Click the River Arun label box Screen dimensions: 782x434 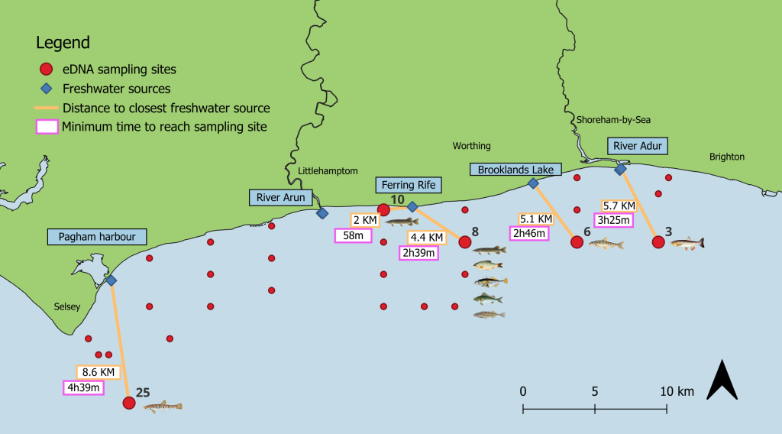[x=281, y=198]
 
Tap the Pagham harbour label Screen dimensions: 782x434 [x=97, y=237]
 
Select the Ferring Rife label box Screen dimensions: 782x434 [x=409, y=185]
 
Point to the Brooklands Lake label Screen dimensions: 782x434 [x=515, y=170]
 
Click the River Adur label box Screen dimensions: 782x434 [x=638, y=146]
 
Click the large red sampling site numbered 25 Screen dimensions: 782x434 [x=129, y=403]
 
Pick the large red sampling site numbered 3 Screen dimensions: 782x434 [x=658, y=242]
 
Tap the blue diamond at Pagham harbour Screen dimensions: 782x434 [x=111, y=280]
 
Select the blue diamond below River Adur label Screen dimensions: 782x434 [x=620, y=170]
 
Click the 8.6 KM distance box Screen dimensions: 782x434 [x=99, y=372]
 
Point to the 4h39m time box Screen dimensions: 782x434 [x=84, y=387]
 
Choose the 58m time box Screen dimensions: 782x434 [x=353, y=235]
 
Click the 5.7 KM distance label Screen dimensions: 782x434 [x=619, y=206]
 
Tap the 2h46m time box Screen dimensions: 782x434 [x=529, y=233]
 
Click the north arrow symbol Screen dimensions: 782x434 [x=722, y=379]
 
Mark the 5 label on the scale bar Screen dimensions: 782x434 [x=595, y=392]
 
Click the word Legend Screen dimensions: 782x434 [x=63, y=43]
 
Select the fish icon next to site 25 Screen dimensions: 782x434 [x=163, y=406]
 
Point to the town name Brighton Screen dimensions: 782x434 [x=727, y=157]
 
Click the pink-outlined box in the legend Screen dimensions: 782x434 [x=47, y=127]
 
